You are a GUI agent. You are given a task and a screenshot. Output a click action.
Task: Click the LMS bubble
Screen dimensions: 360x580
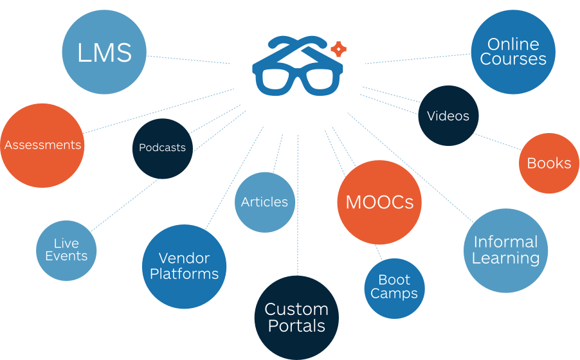pyautogui.click(x=104, y=53)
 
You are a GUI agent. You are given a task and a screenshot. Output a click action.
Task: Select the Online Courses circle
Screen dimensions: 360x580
pyautogui.click(x=512, y=51)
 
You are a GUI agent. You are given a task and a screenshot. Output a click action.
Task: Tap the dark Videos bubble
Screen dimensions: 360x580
pyautogui.click(x=448, y=116)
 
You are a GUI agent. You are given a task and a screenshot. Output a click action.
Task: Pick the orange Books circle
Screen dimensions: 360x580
pyautogui.click(x=548, y=163)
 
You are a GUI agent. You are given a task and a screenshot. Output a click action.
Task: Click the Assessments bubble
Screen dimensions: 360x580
pyautogui.click(x=42, y=145)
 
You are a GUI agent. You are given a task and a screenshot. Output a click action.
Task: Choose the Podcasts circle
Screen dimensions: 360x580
pyautogui.click(x=162, y=148)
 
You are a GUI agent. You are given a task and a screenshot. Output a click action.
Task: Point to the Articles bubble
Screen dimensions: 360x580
pyautogui.click(x=264, y=202)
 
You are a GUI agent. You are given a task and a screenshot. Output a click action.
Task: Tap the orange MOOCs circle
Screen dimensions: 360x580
pyautogui.click(x=379, y=203)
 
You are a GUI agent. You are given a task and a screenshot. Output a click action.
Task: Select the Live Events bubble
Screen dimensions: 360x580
pyautogui.click(x=66, y=249)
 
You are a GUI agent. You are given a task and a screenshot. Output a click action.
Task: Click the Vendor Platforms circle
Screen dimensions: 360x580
pyautogui.click(x=184, y=266)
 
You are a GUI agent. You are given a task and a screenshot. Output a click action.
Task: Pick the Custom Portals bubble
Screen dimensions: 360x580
pyautogui.click(x=296, y=318)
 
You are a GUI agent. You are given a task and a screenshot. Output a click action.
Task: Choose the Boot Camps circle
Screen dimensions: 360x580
pyautogui.click(x=394, y=287)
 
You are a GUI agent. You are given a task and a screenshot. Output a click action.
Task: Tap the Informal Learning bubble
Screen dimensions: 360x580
pyautogui.click(x=505, y=250)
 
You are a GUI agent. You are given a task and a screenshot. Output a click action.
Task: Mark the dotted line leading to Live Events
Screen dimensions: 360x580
pyautogui.click(x=126, y=205)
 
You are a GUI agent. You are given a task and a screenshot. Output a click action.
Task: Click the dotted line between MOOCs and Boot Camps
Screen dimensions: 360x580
pyautogui.click(x=380, y=251)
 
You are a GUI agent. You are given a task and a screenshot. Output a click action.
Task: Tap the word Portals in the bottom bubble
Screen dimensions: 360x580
pyautogui.click(x=296, y=326)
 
